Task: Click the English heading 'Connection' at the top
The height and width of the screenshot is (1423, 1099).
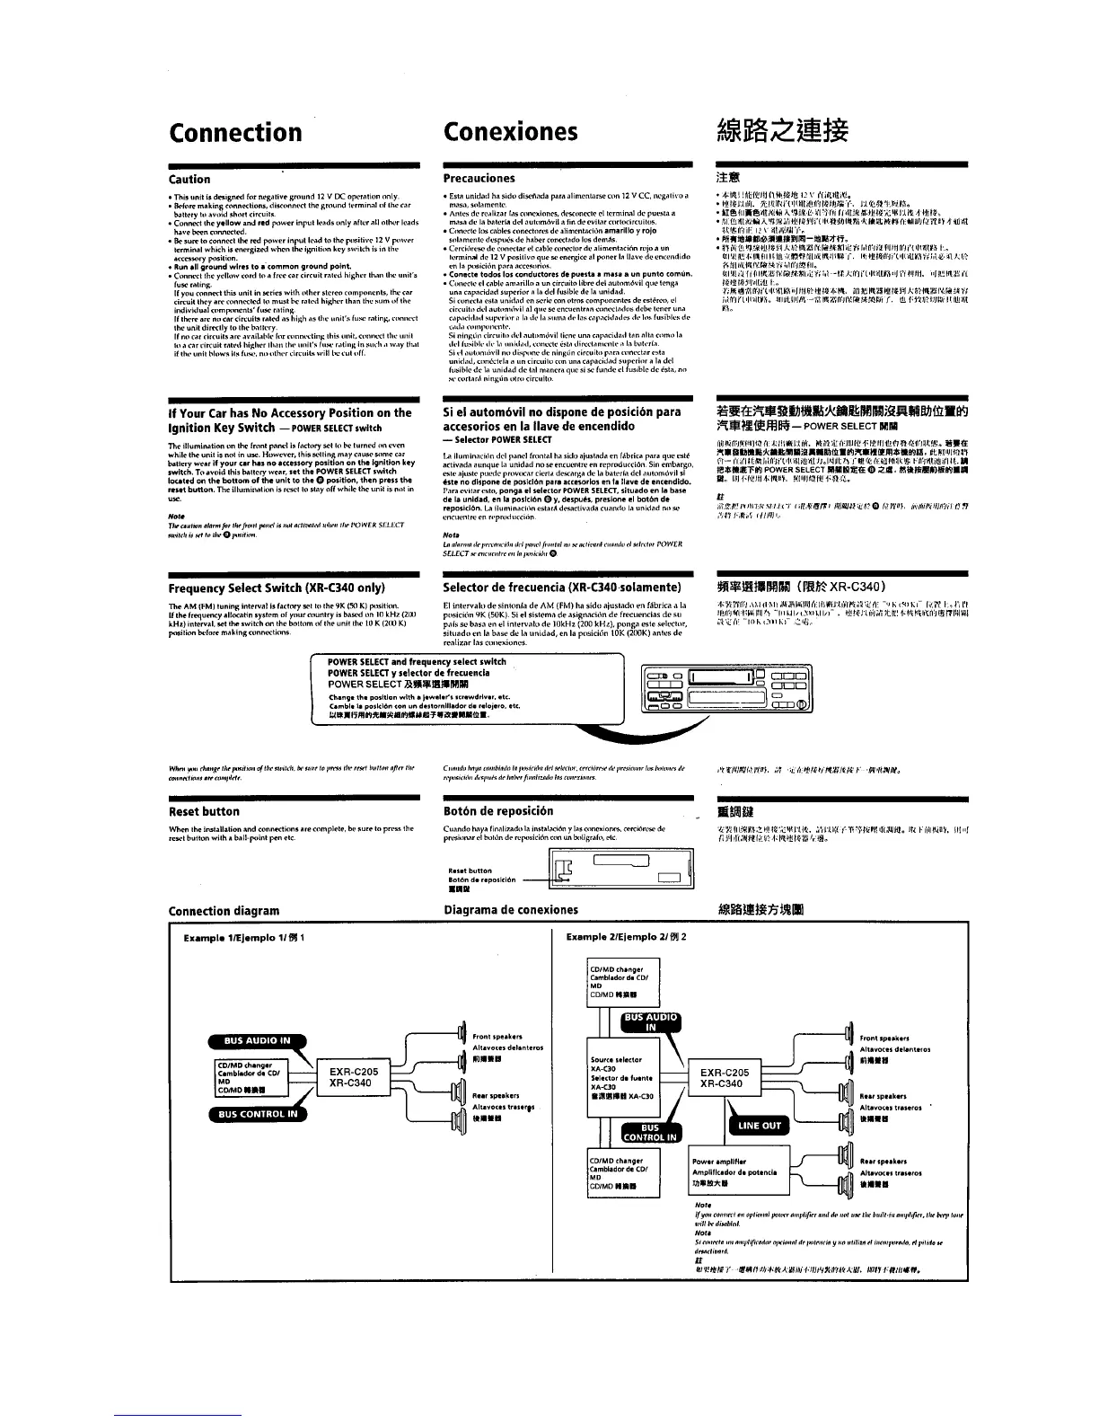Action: point(235,133)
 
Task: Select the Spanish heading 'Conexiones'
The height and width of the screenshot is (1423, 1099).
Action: point(511,133)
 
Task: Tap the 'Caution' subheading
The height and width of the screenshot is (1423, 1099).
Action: point(189,180)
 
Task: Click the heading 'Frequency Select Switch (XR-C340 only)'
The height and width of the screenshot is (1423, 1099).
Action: point(277,588)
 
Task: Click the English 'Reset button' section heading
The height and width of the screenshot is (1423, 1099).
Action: point(204,811)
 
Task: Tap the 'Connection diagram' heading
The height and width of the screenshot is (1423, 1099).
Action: point(224,910)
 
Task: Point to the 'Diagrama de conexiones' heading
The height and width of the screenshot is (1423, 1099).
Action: point(511,910)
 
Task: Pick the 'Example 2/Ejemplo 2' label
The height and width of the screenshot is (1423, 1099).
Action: point(627,938)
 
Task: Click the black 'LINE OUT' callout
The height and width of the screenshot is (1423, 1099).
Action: point(760,1125)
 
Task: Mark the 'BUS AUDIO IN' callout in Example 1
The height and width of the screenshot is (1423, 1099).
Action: point(258,1041)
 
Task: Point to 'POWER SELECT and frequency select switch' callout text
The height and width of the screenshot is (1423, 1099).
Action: point(417,661)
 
